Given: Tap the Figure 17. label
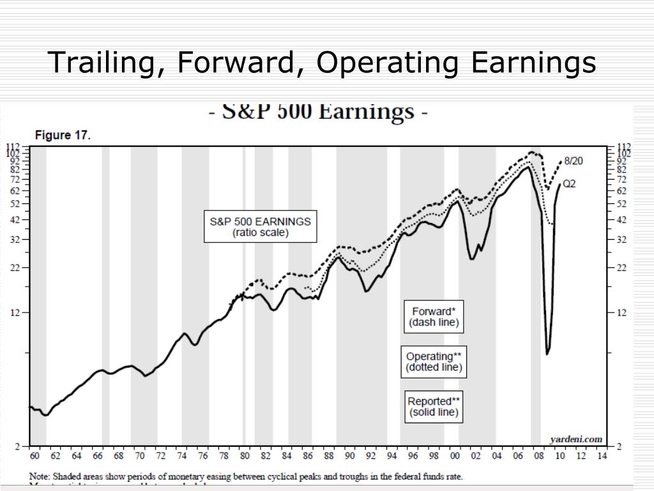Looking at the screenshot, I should coord(63,136).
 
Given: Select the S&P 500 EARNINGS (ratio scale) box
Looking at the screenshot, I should coord(260,227).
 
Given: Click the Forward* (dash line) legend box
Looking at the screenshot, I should coord(434,316).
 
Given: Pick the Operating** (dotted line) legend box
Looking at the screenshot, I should coord(434,362).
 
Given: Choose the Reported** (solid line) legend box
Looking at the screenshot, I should coord(434,407).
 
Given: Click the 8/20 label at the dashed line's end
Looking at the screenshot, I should coord(572,161).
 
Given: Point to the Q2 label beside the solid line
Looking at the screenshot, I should coord(569,184).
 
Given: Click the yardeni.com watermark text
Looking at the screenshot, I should coord(576,439).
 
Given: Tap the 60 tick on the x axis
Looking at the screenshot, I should coord(34,456).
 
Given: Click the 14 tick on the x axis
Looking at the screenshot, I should coord(601,456).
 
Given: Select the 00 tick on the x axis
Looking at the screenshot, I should coord(454,456).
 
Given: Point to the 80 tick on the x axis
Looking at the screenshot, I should coord(245,456).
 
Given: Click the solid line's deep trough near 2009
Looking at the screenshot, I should coord(547,353).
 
